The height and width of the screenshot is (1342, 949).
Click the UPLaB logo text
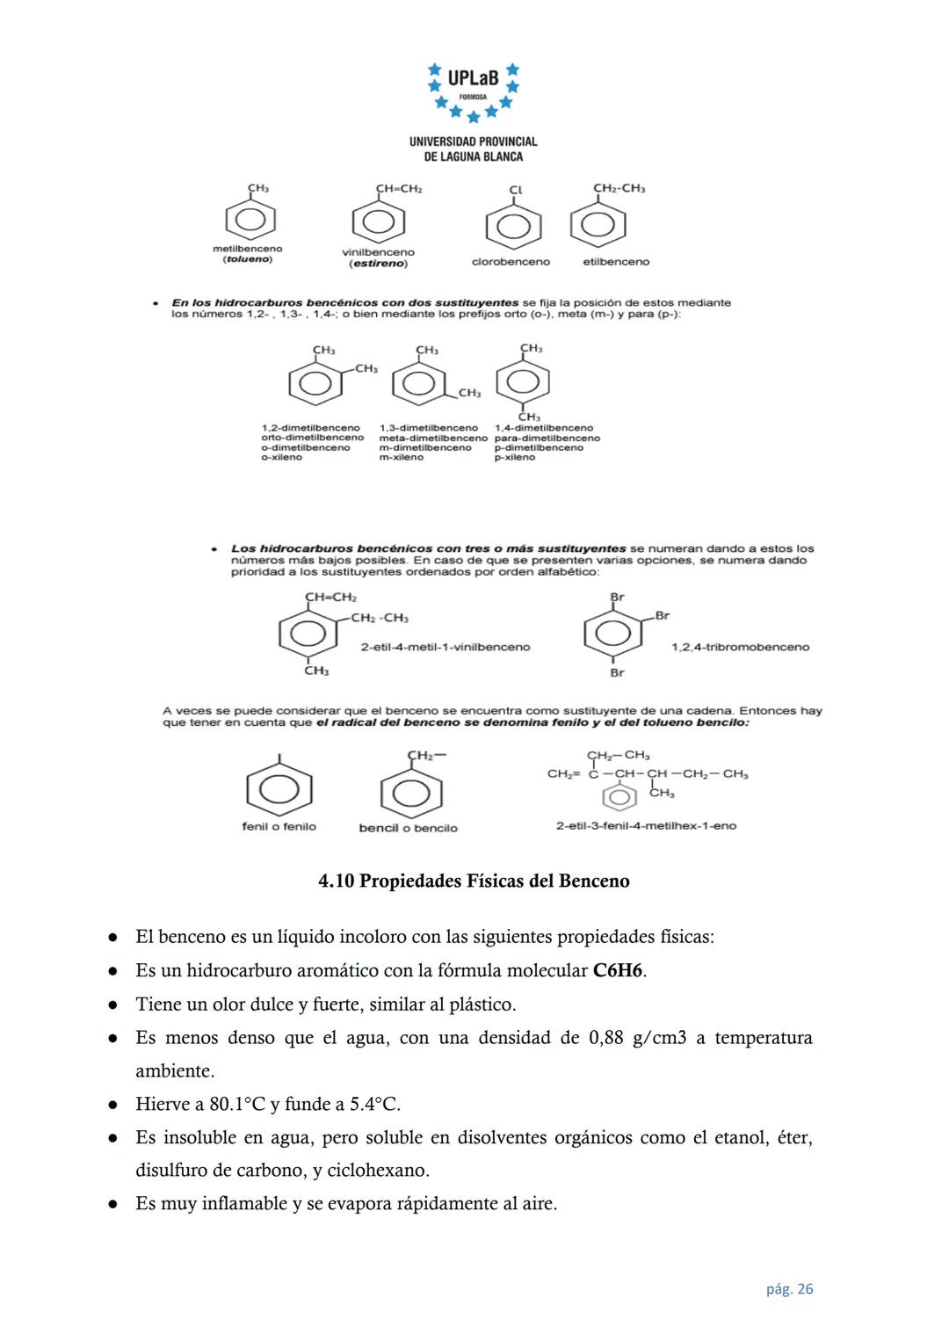pos(473,78)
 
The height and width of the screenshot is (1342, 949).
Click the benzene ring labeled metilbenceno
pos(250,219)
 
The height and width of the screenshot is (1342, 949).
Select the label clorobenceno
pos(511,262)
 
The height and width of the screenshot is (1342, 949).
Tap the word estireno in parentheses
pos(378,264)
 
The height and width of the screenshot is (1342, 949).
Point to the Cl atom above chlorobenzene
pos(515,190)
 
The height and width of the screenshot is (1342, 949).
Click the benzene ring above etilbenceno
pos(598,225)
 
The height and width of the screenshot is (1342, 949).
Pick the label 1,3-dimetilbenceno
pos(428,428)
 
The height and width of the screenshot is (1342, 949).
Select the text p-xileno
pos(514,458)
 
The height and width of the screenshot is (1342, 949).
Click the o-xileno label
pos(281,458)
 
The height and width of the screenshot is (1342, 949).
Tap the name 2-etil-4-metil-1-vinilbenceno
pos(446,647)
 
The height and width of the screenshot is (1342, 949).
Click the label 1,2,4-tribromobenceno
pos(740,647)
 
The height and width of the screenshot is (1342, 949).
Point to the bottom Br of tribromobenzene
pos(617,672)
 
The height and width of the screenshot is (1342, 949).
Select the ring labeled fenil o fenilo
pos(279,789)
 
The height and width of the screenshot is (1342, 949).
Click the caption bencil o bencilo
pos(408,828)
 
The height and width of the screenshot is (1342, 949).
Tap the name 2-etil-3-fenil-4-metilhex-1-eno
pos(646,826)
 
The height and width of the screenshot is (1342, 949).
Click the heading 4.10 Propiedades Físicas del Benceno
pos(474,881)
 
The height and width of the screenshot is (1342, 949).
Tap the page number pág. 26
pos(789,1289)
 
